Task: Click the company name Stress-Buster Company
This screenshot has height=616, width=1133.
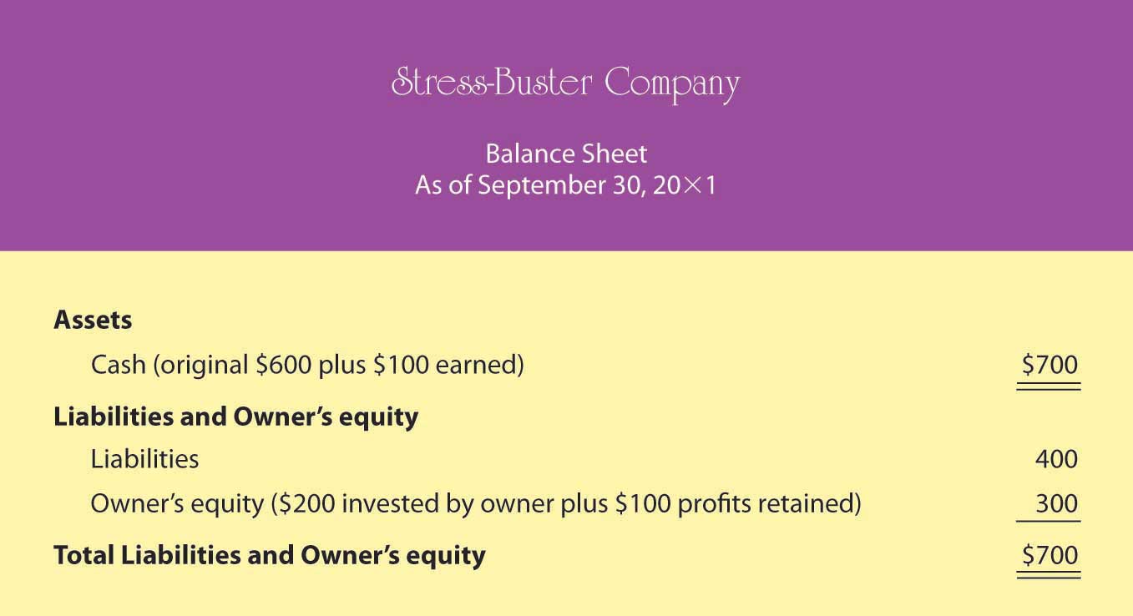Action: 565,84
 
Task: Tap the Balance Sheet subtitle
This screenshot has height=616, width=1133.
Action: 566,154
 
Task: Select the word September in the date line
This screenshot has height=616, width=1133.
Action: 541,186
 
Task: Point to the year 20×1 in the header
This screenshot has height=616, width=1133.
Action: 685,185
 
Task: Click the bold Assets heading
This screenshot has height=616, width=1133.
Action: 93,320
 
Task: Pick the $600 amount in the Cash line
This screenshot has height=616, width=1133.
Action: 283,365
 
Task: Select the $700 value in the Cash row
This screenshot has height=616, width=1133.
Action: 1050,365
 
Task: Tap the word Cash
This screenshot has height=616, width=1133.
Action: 119,365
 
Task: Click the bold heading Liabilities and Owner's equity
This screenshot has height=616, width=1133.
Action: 235,417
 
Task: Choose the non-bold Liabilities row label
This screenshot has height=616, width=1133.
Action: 144,459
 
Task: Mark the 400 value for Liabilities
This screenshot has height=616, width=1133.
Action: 1056,459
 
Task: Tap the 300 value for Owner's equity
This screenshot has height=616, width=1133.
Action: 1057,503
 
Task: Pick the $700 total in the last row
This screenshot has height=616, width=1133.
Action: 1050,555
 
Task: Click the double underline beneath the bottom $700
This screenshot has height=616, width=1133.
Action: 1049,575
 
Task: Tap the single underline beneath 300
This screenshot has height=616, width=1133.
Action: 1049,521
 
